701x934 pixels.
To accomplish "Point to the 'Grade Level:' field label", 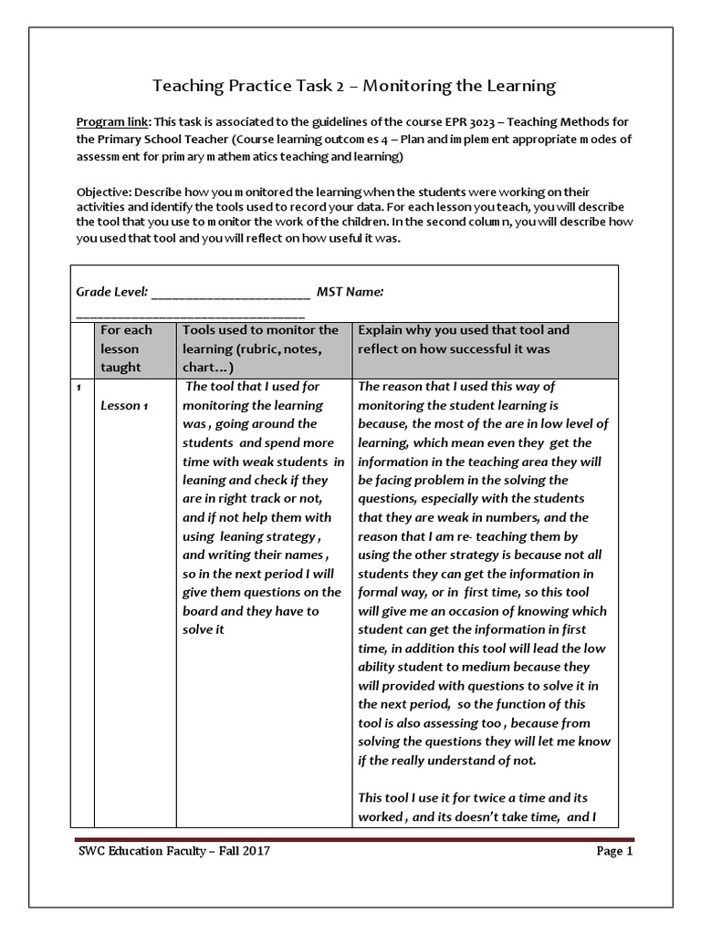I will [110, 292].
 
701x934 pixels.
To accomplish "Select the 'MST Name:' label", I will [350, 292].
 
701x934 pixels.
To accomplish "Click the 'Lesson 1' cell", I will [123, 406].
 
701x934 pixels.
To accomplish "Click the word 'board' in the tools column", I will [201, 611].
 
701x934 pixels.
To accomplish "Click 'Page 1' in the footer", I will [614, 852].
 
